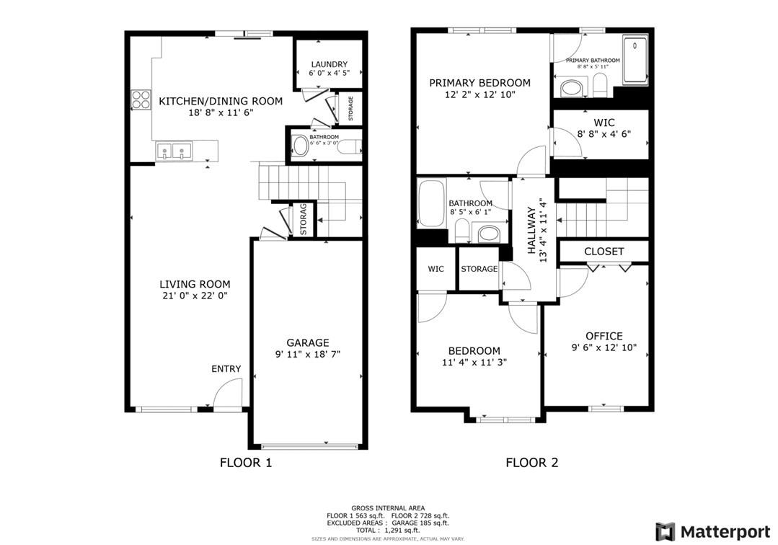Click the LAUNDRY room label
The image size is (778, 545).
pos(328,64)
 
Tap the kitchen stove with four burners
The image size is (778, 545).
pos(141,99)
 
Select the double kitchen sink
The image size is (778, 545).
pos(174,152)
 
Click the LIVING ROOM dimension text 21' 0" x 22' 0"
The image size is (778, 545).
pos(195,296)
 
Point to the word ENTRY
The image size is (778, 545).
pos(226,369)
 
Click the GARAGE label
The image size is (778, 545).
pos(307,342)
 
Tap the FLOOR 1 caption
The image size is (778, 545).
pos(245,463)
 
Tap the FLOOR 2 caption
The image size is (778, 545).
pos(531,463)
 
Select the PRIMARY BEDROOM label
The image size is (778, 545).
pos(479,83)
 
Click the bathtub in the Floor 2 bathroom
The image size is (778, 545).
pos(431,203)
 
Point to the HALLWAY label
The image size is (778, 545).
pos(531,230)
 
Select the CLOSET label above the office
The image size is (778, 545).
pos(604,252)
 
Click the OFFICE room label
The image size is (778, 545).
pos(604,336)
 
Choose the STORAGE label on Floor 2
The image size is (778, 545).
pos(479,269)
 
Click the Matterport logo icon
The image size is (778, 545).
pos(665,531)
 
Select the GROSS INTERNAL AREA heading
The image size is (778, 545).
pos(388,508)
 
